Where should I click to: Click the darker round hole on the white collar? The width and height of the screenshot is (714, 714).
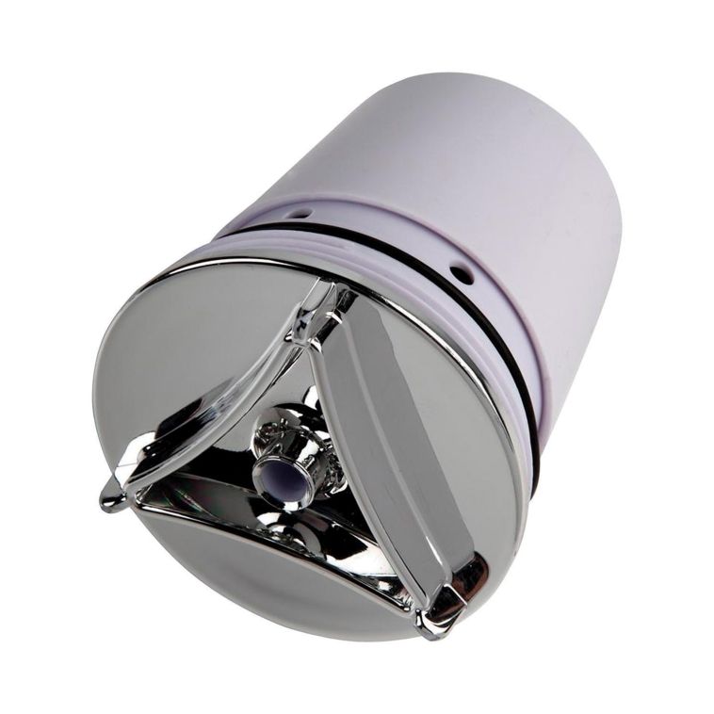pos(461,274)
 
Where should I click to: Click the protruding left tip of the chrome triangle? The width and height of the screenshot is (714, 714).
pos(110,497)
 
